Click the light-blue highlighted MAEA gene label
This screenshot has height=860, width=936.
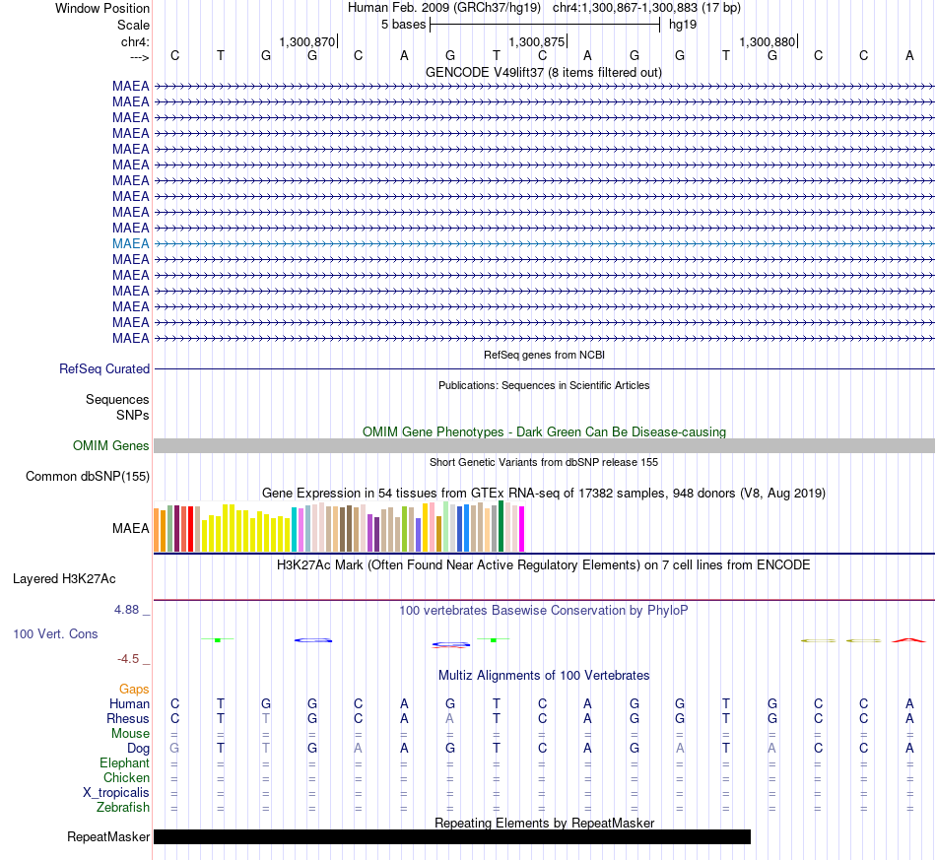pyautogui.click(x=130, y=243)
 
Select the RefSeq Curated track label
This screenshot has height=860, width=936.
pyautogui.click(x=104, y=368)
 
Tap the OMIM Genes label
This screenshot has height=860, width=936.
pyautogui.click(x=111, y=446)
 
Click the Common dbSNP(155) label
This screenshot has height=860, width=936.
pyautogui.click(x=88, y=476)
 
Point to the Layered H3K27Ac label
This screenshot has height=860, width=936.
pyautogui.click(x=64, y=579)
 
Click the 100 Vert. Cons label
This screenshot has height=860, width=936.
pyautogui.click(x=55, y=633)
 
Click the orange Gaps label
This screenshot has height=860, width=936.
pyautogui.click(x=134, y=690)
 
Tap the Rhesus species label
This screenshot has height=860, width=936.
pyautogui.click(x=128, y=718)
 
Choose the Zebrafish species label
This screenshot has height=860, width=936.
pyautogui.click(x=123, y=808)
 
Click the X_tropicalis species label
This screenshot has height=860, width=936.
pyautogui.click(x=116, y=793)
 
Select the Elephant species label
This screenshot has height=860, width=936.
pyautogui.click(x=124, y=762)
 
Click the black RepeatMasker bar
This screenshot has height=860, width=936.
pyautogui.click(x=452, y=836)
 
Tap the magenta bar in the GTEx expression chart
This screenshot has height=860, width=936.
pyautogui.click(x=522, y=529)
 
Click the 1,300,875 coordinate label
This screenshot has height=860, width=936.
pyautogui.click(x=536, y=41)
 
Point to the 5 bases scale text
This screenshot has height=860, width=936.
pyautogui.click(x=404, y=25)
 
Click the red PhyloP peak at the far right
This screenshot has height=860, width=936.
pyautogui.click(x=908, y=639)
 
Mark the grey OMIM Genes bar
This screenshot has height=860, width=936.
pyautogui.click(x=545, y=446)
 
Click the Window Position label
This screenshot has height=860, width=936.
pyautogui.click(x=102, y=8)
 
